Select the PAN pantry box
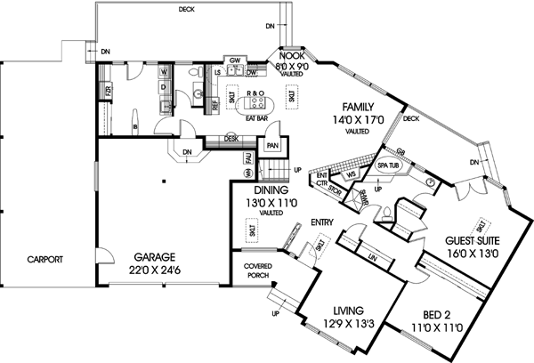[x=271, y=144]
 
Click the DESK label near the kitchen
[x=231, y=138]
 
